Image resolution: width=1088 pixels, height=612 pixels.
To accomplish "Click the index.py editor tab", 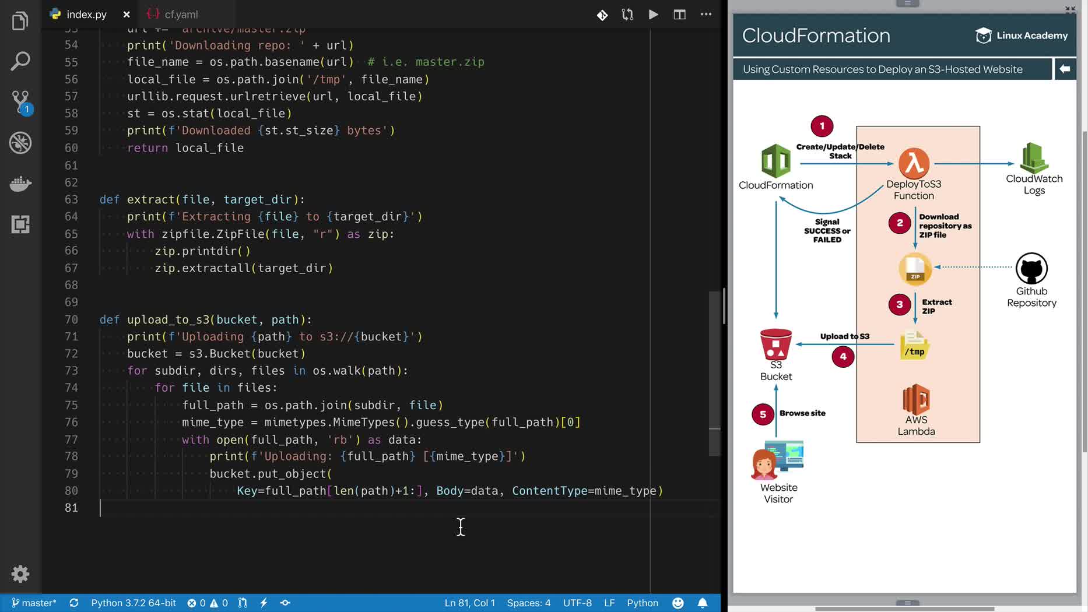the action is pos(86,15).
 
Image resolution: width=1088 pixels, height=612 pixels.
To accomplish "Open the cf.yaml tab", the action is pos(181,15).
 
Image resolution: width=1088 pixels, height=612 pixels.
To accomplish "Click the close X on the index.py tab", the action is pos(127,15).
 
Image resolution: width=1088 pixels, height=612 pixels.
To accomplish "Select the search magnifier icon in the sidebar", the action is pos(20,61).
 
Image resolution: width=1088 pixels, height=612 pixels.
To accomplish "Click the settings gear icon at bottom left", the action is pos(20,574).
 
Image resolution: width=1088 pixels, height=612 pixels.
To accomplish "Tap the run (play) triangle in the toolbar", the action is pos(653,15).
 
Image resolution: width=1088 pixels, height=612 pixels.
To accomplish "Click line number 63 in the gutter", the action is pos(71,199).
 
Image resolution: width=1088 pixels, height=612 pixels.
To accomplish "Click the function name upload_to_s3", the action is pos(168,319).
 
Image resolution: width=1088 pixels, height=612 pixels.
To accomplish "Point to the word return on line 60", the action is pos(148,148).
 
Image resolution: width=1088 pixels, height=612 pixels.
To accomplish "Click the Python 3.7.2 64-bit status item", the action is pos(134,603).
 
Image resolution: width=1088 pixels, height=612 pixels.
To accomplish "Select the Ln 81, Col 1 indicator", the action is pos(469,603).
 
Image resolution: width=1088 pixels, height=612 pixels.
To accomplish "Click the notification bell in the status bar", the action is pos(703,603).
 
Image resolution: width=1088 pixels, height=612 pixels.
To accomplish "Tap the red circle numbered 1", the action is pos(822,126).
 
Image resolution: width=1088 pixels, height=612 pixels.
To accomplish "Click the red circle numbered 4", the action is pos(843,356).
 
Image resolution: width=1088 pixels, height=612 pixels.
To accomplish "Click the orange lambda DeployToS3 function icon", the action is pos(914,163).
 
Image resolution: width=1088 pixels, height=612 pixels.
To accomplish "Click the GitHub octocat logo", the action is pos(1031,269).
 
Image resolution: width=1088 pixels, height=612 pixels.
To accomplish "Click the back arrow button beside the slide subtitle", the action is pos(1065,69).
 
